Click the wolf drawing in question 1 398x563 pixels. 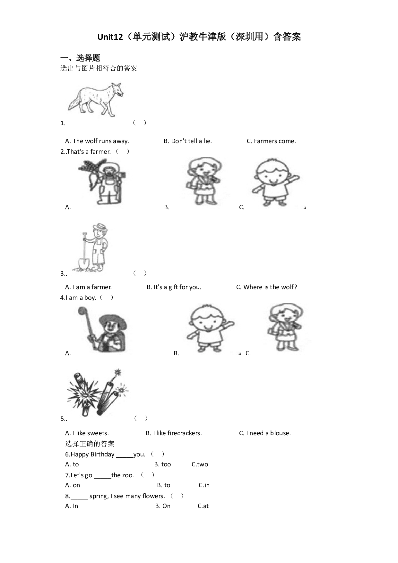click(x=96, y=100)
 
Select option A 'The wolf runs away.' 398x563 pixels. click(x=97, y=141)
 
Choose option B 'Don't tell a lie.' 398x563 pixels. click(x=188, y=141)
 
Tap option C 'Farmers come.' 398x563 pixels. click(x=271, y=141)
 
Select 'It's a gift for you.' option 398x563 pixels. click(x=174, y=287)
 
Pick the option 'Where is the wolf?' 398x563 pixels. click(x=266, y=287)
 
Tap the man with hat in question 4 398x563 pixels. click(x=103, y=329)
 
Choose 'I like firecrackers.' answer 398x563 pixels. click(x=174, y=433)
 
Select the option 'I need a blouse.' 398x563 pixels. click(x=265, y=433)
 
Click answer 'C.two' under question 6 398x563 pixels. click(x=200, y=464)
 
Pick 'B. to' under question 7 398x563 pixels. click(x=164, y=485)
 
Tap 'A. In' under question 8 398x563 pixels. click(x=72, y=506)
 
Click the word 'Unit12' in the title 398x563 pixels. click(x=110, y=37)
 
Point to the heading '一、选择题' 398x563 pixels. click(x=80, y=58)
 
